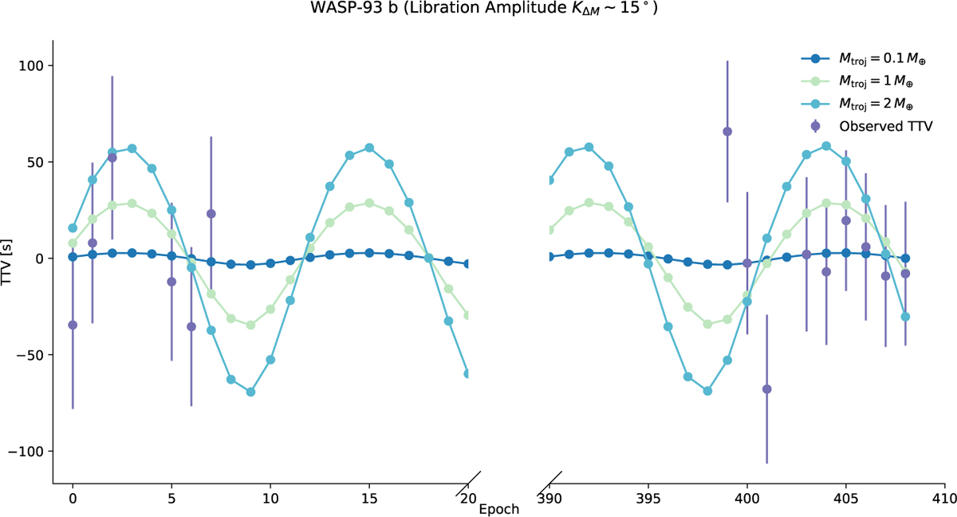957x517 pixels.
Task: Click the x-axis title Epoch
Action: tap(499, 508)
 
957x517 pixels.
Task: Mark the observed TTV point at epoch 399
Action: tap(727, 132)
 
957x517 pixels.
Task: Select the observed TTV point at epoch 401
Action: tap(766, 389)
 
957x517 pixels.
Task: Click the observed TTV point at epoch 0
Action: tap(73, 325)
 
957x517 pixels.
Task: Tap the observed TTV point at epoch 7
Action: tap(211, 214)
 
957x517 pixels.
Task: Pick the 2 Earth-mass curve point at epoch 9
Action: tap(250, 392)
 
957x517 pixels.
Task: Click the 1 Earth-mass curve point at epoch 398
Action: tap(707, 324)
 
